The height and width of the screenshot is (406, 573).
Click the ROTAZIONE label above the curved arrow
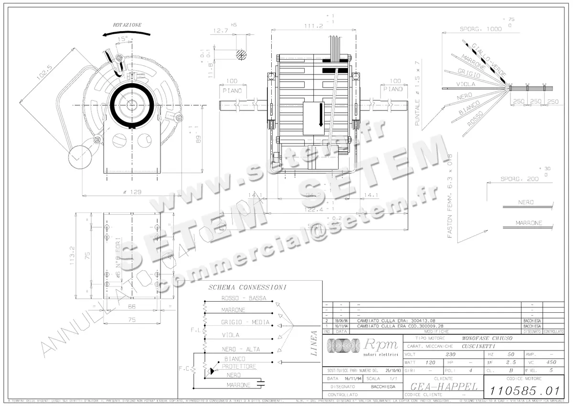[127, 25]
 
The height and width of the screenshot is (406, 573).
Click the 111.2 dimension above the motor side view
[313, 26]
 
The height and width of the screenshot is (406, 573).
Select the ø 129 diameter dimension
[132, 192]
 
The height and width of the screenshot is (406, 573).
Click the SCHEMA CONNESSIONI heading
[247, 287]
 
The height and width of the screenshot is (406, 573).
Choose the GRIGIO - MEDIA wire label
[245, 322]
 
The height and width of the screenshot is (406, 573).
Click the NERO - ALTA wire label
[241, 349]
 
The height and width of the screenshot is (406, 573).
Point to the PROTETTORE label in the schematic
[239, 366]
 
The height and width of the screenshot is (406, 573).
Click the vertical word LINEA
[314, 343]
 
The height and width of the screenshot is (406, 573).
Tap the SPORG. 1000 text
[480, 29]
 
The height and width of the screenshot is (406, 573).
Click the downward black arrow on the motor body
[321, 115]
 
